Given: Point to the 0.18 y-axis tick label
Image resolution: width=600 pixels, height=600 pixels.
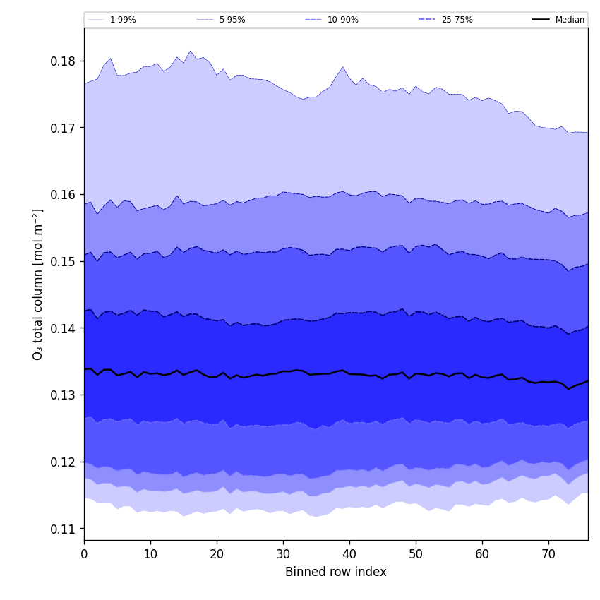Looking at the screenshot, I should click(63, 61).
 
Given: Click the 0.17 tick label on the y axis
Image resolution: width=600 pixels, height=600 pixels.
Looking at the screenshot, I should click(63, 128).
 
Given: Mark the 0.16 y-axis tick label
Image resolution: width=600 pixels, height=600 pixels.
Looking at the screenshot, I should click(63, 195).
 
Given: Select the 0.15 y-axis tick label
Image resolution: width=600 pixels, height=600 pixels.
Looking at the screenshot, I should click(63, 262).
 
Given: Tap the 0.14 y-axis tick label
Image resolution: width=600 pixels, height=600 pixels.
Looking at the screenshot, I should click(63, 328).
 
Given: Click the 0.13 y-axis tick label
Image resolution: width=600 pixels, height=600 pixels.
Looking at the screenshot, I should click(63, 395).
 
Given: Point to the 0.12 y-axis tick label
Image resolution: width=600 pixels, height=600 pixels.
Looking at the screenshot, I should click(63, 462).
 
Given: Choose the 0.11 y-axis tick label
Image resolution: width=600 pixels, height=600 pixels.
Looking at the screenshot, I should click(63, 529).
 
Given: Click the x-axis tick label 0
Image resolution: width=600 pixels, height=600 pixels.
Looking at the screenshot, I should click(84, 554).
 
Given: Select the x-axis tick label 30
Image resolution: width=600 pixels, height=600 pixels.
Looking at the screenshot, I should click(283, 554).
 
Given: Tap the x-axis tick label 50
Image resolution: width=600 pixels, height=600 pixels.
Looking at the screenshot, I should click(416, 554).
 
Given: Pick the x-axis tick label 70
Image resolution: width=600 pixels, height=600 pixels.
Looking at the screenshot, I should click(548, 554).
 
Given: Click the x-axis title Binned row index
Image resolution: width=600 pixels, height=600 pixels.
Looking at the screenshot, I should click(336, 572).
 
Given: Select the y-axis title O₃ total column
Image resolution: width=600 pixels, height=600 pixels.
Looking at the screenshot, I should click(38, 284).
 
